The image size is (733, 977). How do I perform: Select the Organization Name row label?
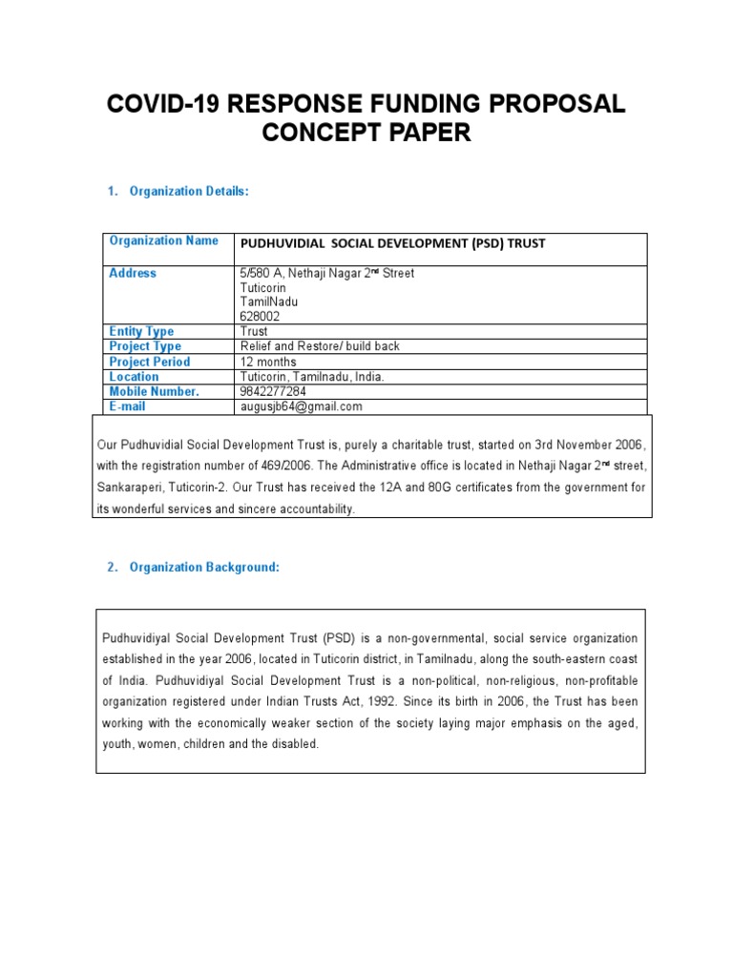(x=163, y=241)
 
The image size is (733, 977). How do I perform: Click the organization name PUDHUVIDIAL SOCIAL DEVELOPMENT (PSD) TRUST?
(x=391, y=243)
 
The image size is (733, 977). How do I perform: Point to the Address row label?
(x=133, y=274)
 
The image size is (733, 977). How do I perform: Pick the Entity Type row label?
(x=141, y=332)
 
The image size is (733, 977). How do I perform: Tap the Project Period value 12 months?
(x=268, y=362)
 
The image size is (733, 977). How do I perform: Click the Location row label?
(x=135, y=377)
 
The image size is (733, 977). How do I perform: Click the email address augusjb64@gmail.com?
(x=301, y=406)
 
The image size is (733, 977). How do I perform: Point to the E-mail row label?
(x=128, y=406)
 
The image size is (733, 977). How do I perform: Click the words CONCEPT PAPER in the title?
(x=366, y=134)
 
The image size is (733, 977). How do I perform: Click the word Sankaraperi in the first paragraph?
(x=130, y=488)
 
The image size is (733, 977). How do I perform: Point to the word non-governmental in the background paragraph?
(x=428, y=638)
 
